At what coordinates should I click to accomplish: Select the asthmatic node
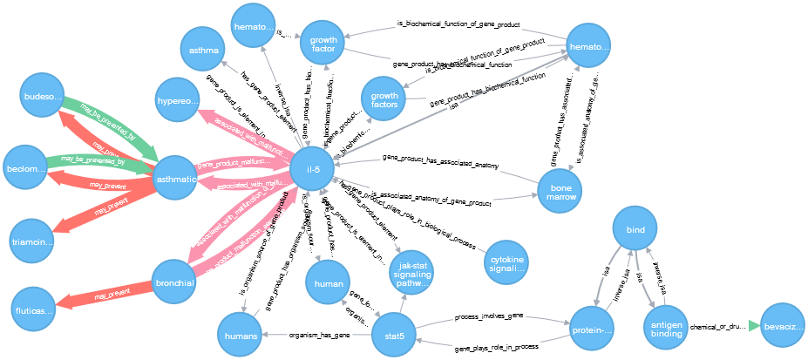(x=175, y=179)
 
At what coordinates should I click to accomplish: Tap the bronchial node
(x=174, y=282)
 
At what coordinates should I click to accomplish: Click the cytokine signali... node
(x=506, y=263)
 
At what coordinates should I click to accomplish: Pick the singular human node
(x=328, y=283)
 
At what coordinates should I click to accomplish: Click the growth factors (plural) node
(x=384, y=100)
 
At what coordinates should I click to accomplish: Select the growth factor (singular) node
(x=323, y=43)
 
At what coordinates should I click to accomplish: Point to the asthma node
(x=203, y=51)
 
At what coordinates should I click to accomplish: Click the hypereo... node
(x=177, y=99)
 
